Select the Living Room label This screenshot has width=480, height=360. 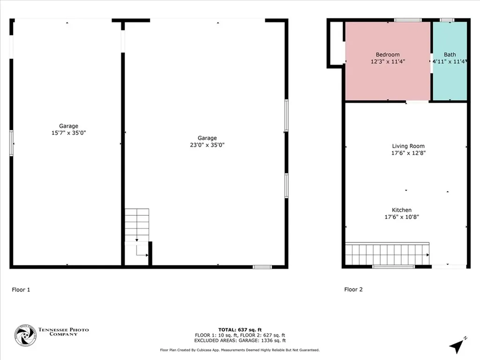(408, 146)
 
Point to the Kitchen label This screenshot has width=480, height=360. (402, 210)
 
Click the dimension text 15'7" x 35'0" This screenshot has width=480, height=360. (68, 133)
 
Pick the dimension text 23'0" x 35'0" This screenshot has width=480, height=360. (207, 145)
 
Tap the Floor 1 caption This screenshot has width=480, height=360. (21, 290)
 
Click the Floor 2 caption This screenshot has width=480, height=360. (353, 289)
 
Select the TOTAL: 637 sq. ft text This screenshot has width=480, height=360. (240, 330)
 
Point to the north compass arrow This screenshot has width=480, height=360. (457, 346)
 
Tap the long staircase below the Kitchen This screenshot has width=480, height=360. (387, 254)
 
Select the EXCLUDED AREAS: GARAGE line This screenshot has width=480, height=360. (240, 340)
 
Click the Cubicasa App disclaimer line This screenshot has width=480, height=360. (240, 350)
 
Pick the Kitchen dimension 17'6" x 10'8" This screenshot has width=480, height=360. (402, 217)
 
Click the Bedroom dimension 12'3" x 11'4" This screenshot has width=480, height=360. (388, 61)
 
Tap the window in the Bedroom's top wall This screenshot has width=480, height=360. (408, 20)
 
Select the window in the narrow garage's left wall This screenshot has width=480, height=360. (12, 143)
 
